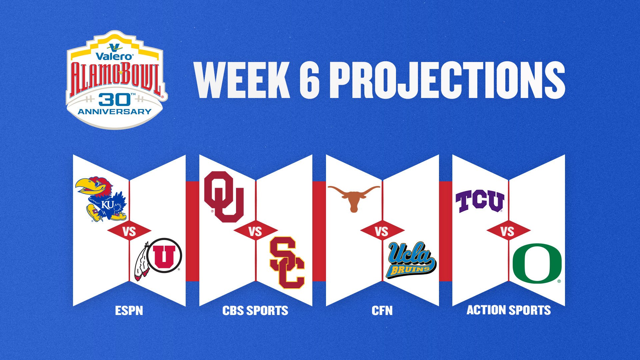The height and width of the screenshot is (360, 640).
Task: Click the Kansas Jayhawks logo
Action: pos(101,199)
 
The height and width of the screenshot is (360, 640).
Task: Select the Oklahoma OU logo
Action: pos(224,197)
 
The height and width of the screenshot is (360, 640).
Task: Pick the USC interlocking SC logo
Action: pos(287,263)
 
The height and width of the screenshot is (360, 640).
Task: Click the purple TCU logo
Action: pos(480,201)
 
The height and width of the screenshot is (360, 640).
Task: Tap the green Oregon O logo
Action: pos(537,263)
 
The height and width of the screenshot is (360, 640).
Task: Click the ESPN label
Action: pos(129,311)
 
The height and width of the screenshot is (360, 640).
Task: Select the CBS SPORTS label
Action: pos(255,311)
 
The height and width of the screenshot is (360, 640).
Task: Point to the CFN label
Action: pos(382,311)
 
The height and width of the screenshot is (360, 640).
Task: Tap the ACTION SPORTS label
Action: pos(509,310)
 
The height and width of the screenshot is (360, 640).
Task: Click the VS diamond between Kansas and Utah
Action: pos(129,231)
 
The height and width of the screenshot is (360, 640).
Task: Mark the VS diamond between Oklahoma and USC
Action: pos(256,231)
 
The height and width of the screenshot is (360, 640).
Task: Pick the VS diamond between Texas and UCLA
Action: pos(382,231)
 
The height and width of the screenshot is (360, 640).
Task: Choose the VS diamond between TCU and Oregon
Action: pos(509,231)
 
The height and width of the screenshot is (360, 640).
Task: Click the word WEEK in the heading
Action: pos(242,80)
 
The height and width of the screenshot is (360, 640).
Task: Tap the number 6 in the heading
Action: pos(310,80)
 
